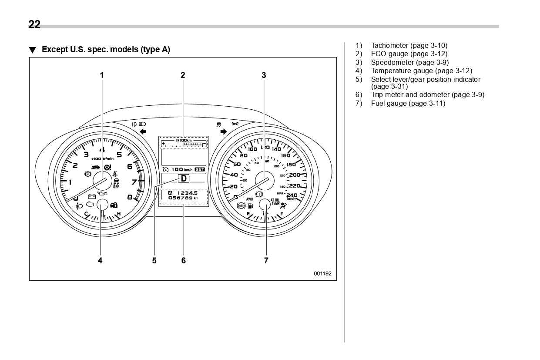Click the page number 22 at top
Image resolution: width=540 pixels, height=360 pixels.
(x=34, y=25)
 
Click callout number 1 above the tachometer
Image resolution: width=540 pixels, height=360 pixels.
(x=102, y=75)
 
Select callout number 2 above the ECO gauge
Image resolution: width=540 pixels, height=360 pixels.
(x=183, y=75)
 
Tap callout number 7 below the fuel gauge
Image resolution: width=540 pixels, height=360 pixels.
(x=266, y=260)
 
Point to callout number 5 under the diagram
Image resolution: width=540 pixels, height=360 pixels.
(x=154, y=260)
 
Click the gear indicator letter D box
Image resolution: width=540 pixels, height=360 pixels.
(x=184, y=178)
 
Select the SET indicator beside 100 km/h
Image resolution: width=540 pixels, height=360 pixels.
(x=200, y=169)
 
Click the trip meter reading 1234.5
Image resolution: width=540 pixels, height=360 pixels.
(x=187, y=192)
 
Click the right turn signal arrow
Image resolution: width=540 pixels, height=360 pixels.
(x=224, y=131)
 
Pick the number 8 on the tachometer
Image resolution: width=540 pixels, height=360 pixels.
(x=130, y=197)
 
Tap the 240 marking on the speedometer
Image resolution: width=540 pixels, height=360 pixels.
(x=292, y=195)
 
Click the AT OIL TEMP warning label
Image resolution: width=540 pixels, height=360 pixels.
(x=275, y=202)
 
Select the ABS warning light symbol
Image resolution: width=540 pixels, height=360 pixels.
(x=241, y=205)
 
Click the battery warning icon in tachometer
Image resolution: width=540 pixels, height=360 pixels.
(x=92, y=196)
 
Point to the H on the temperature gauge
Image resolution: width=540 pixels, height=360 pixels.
(x=119, y=214)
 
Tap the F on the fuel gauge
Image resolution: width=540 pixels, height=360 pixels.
(x=282, y=214)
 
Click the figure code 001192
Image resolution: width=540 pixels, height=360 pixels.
(x=322, y=273)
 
